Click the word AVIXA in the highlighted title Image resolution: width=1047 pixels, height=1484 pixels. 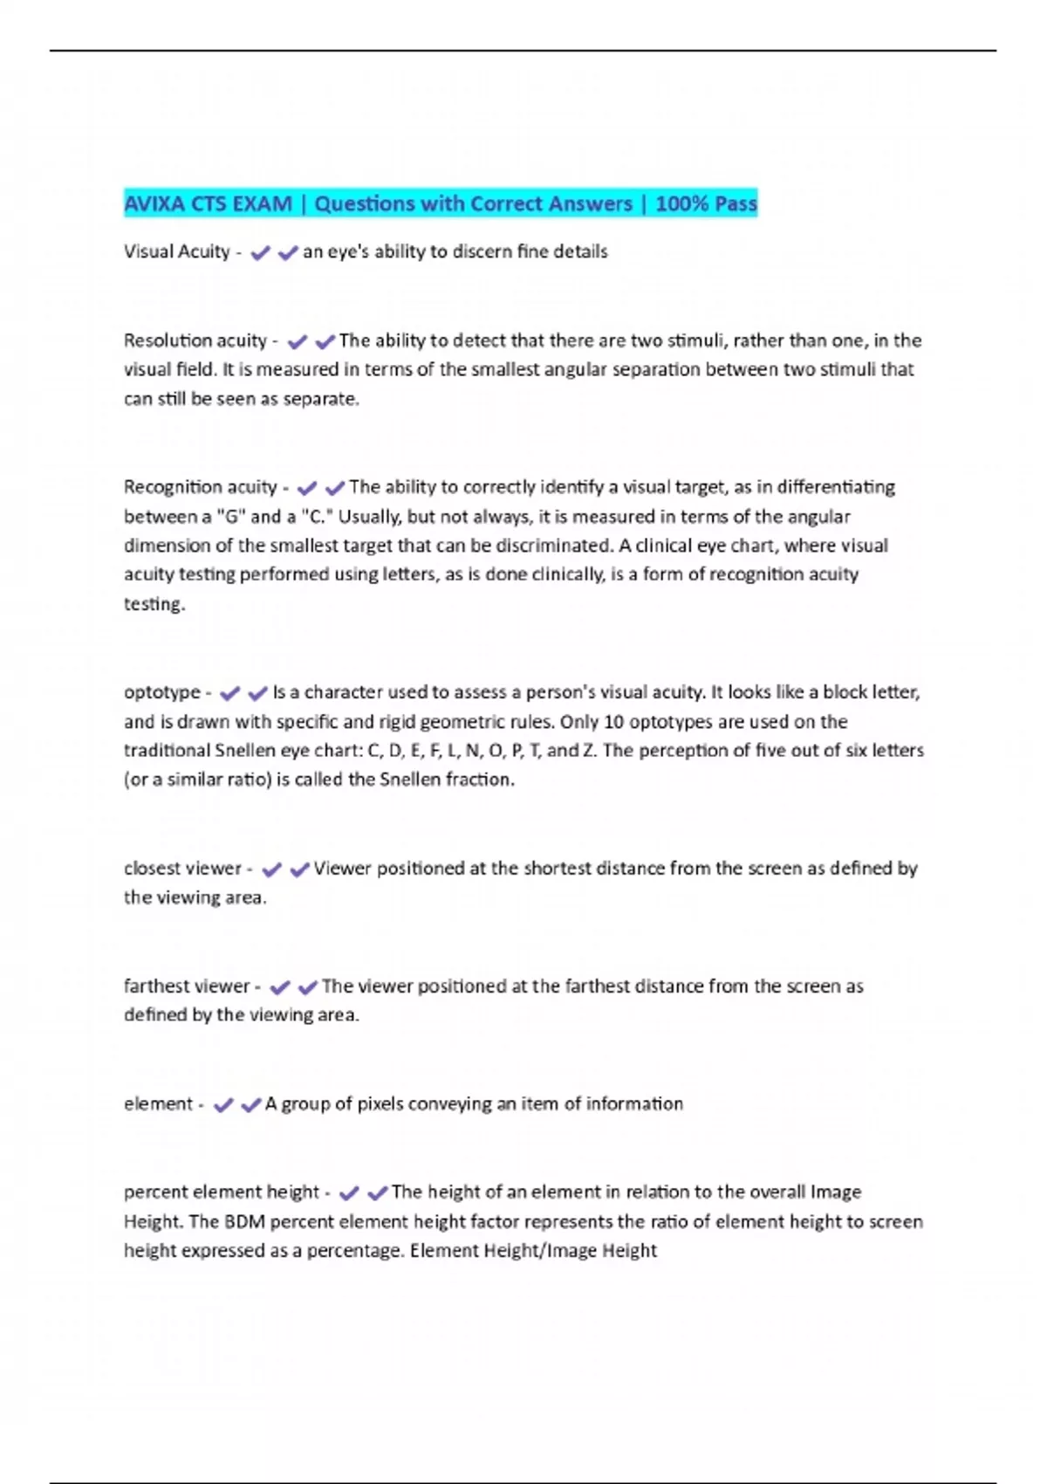pos(154,204)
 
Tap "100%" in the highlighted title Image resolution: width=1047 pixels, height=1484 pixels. pos(681,204)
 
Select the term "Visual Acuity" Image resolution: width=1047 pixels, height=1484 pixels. pos(176,252)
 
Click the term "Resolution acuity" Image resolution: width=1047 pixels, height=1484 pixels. pos(195,340)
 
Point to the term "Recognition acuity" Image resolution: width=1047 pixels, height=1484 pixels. pos(200,486)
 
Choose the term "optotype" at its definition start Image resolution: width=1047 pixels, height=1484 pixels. pos(161,692)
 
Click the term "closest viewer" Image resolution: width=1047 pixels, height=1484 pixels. pos(182,869)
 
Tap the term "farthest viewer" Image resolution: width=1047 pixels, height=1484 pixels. pos(187,986)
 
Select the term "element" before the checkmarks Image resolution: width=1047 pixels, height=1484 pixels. pos(158,1104)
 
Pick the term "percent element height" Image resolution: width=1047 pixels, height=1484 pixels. pos(222,1192)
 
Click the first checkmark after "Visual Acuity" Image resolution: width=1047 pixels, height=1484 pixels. pos(259,253)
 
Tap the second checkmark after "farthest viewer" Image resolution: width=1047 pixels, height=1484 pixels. pos(307,987)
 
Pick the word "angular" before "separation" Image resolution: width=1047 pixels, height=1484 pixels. pos(568,370)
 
